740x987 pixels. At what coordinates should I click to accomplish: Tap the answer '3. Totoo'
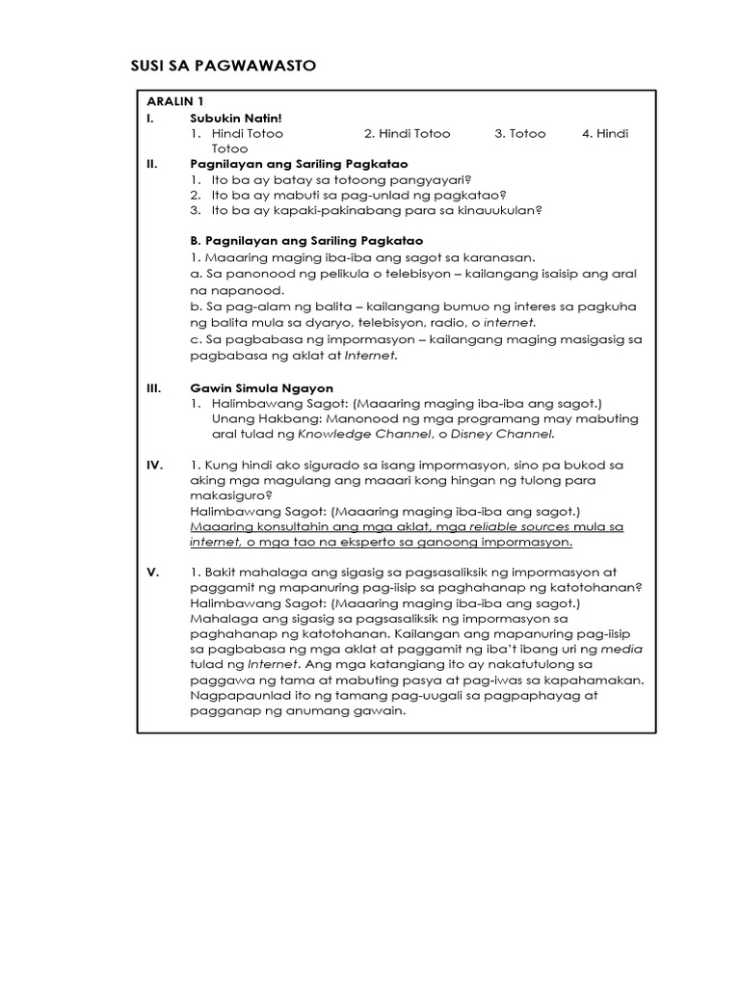pyautogui.click(x=520, y=133)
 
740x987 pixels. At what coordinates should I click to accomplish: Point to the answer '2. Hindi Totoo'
pyautogui.click(x=407, y=133)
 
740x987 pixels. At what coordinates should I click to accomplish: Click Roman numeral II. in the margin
pyautogui.click(x=151, y=164)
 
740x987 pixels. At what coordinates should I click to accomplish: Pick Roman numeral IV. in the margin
pyautogui.click(x=154, y=465)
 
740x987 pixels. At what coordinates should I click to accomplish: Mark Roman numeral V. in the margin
pyautogui.click(x=152, y=573)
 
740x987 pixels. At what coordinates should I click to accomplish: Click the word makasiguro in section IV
pyautogui.click(x=229, y=495)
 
